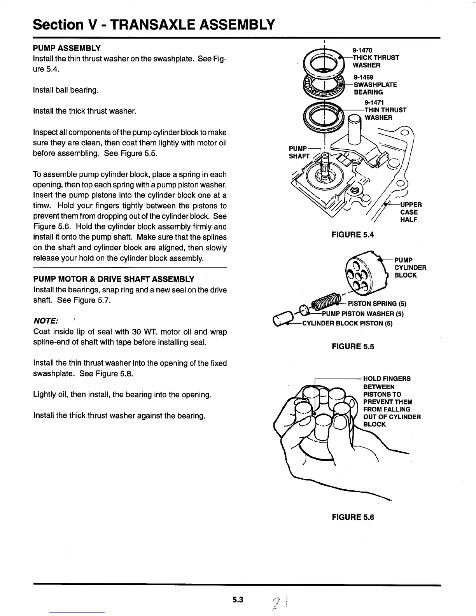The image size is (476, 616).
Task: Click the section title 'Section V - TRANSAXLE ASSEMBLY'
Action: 154,25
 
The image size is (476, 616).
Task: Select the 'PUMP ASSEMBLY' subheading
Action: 67,48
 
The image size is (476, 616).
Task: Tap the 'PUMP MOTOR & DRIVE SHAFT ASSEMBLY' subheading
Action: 114,279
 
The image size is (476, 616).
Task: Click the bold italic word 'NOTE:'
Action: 46,321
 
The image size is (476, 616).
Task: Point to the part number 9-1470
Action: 362,50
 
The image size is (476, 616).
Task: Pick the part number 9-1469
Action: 363,77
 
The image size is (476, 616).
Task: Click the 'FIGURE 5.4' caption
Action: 352,234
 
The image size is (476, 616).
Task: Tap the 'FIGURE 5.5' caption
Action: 353,346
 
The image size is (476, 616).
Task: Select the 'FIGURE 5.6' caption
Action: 353,517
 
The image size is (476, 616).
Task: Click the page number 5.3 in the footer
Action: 238,600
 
